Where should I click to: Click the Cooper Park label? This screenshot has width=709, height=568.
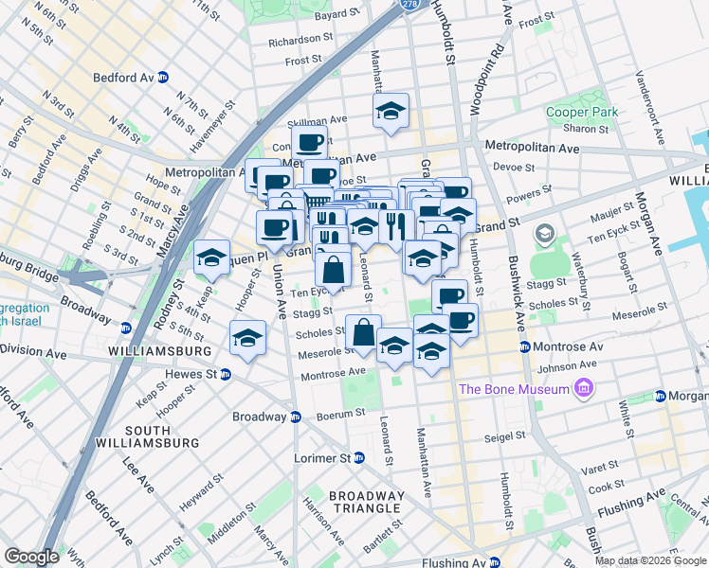tap(582, 112)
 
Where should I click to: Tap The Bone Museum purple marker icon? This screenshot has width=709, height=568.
tap(584, 389)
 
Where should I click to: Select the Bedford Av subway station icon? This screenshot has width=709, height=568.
tap(162, 78)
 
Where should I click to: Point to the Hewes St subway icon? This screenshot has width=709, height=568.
tap(225, 374)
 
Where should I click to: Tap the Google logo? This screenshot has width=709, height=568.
tap(31, 557)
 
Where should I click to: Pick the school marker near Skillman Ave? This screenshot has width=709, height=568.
tap(391, 112)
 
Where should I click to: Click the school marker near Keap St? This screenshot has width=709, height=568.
tap(211, 257)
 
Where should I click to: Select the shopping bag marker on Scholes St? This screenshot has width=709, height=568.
tap(363, 332)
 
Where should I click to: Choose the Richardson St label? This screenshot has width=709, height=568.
tap(300, 41)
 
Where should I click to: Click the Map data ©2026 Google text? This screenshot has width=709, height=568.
tap(649, 560)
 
